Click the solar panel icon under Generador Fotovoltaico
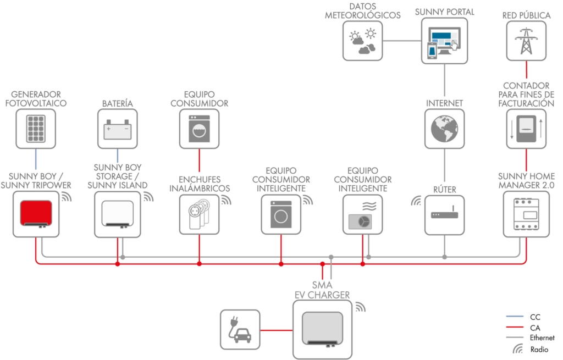[36, 128]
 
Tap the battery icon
[118, 129]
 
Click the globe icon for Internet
[444, 129]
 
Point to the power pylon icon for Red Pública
[526, 41]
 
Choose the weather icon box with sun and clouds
[362, 41]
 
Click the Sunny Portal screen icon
[444, 41]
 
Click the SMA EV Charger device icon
[321, 328]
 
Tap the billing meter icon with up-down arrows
[526, 129]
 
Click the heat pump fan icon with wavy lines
[362, 214]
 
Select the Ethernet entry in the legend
[542, 338]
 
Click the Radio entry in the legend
[539, 349]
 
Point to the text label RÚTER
[444, 190]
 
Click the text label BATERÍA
[118, 103]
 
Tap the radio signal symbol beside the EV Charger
[360, 307]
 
